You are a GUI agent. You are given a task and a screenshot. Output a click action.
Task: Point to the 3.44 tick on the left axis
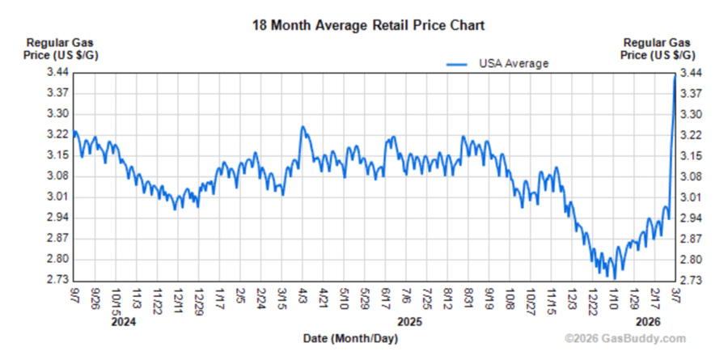[x=58, y=73]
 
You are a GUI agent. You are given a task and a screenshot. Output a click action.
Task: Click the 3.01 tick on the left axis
[x=58, y=197]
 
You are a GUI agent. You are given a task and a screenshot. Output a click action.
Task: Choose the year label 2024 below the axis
[x=123, y=321]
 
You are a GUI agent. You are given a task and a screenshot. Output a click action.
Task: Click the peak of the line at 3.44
[x=675, y=75]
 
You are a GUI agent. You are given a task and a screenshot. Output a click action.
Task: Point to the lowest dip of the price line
[x=614, y=277]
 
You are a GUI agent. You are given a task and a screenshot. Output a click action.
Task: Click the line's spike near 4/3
[x=303, y=127]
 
